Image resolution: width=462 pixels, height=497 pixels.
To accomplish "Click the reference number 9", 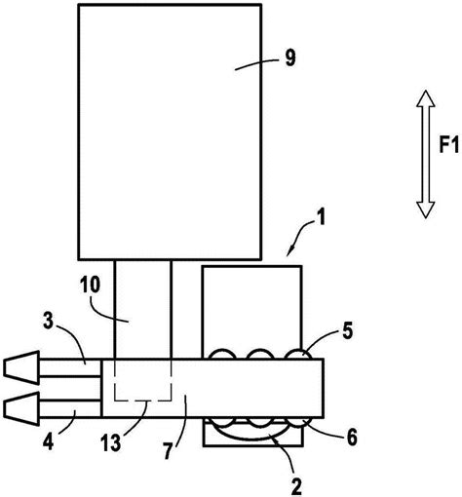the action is coord(290,58).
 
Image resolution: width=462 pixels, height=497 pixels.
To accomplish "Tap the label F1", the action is coord(449,144).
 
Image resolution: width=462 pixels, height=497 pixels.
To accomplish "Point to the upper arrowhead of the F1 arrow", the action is coord(426,98).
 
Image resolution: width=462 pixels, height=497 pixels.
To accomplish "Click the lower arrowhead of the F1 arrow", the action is coord(426,210).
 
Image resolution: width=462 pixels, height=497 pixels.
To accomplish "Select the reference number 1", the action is coord(321,217).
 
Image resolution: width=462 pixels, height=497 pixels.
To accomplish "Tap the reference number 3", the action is coord(48,322).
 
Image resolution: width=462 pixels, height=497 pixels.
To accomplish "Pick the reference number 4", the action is coord(48,441).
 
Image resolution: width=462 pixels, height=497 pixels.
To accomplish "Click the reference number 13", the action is coord(110,443).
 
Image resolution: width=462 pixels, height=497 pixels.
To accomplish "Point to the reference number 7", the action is coord(168,451).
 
